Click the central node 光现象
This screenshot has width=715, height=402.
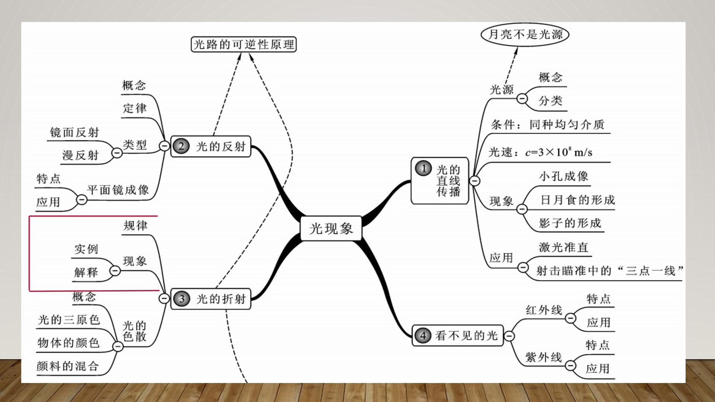(x=331, y=228)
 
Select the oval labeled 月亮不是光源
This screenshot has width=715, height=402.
(x=525, y=35)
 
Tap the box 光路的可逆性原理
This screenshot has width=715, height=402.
(x=244, y=44)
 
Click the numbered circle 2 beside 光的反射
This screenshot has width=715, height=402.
(x=181, y=146)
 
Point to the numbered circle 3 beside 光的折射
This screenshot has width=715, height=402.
(x=182, y=299)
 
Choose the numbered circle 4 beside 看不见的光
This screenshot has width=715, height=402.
(x=423, y=336)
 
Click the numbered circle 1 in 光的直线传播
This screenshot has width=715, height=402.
(x=423, y=169)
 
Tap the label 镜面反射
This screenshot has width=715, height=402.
(x=74, y=133)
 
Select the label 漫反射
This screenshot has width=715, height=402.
(x=80, y=155)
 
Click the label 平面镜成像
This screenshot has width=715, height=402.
(x=118, y=190)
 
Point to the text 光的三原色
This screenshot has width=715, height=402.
(x=69, y=320)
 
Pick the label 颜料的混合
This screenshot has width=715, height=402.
(x=67, y=366)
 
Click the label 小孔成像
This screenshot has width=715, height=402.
(x=563, y=176)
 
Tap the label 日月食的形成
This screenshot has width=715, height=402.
(x=578, y=200)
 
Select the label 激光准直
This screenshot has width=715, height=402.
(x=563, y=248)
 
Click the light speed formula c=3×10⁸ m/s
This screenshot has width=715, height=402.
(x=559, y=152)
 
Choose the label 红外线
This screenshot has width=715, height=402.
(x=544, y=310)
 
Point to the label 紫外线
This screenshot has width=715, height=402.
(x=543, y=357)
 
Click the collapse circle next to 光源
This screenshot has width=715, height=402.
(x=522, y=99)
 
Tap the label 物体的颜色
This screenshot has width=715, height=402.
(x=69, y=343)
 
